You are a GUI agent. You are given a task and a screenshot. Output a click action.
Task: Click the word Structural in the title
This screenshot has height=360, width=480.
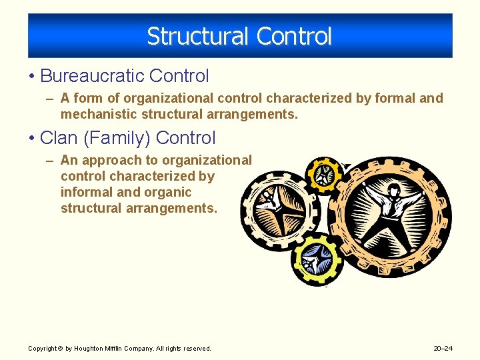[188, 36]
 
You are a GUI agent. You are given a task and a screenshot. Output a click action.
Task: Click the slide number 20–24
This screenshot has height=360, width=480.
[443, 348]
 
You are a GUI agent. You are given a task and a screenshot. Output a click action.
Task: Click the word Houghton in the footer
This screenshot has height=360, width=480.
[90, 348]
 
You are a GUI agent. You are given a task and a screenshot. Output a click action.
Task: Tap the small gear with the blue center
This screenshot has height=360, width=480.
[316, 257]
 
